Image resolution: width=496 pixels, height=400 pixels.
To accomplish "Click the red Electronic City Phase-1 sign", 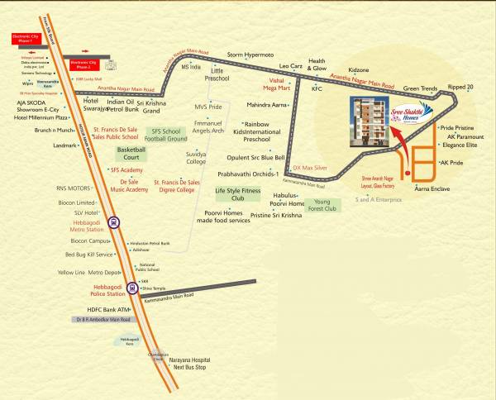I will click(31, 37).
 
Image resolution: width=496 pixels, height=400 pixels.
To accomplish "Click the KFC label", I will click(316, 88).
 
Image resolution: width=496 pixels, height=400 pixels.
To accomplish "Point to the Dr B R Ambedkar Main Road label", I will click(103, 319).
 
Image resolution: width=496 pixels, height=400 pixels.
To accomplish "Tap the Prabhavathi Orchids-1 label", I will click(247, 174).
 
